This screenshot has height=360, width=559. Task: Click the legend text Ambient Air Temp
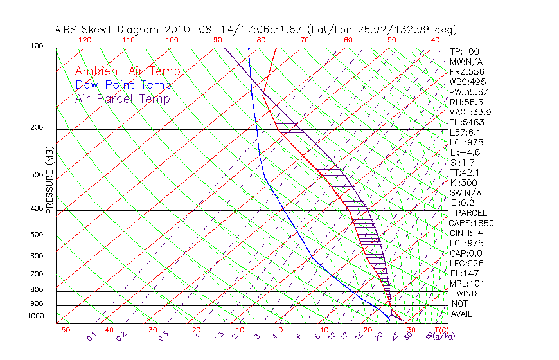tap(127, 71)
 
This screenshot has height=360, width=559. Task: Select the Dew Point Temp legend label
tap(123, 85)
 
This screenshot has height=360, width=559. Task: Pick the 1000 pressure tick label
tap(36, 316)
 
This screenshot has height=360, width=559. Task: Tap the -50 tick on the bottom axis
tap(63, 330)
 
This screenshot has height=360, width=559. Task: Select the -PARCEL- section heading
tap(471, 213)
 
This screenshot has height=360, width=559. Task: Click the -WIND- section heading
tap(467, 293)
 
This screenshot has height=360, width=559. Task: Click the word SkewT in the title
tap(123, 30)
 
